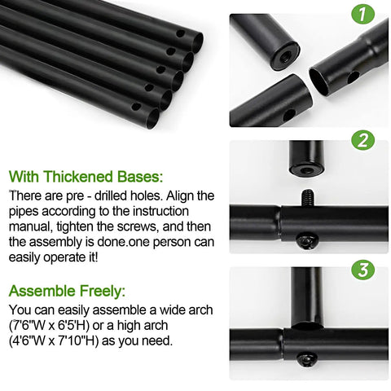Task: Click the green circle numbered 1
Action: coord(362,13)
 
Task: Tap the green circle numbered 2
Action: coord(362,140)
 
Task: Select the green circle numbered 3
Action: coord(362,270)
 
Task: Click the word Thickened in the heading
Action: coord(78,177)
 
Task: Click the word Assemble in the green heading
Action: coord(42,291)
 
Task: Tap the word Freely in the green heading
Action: coord(103,292)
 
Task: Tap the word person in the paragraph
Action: coord(172,243)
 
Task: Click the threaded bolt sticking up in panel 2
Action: coord(307,198)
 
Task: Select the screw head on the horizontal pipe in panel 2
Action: coord(307,240)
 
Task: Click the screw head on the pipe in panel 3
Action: coord(307,360)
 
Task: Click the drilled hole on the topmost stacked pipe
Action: coord(180,33)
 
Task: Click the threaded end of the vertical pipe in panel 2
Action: coord(306,170)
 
